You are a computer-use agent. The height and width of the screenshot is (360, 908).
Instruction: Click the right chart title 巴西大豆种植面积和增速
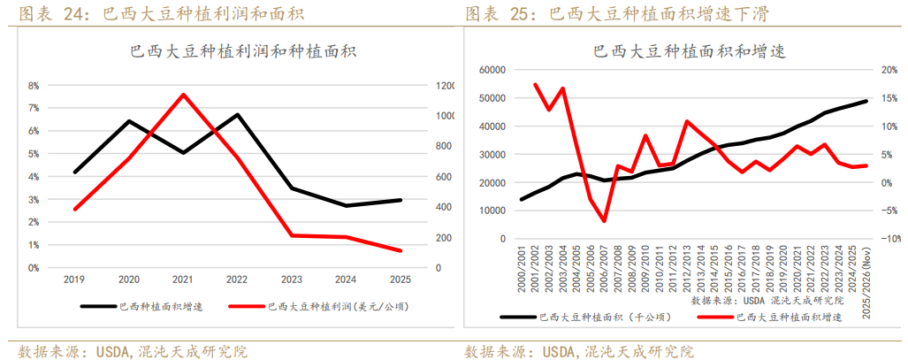(x=681, y=50)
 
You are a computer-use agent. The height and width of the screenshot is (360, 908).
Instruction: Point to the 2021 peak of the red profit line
(x=183, y=95)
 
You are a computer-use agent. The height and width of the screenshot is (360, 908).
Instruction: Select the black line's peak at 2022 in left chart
(x=237, y=115)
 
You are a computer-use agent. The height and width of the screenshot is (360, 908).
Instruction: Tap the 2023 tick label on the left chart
(x=292, y=280)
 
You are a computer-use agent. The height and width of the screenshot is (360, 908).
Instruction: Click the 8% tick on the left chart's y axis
(x=34, y=86)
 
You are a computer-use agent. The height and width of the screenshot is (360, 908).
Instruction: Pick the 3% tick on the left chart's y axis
(x=34, y=199)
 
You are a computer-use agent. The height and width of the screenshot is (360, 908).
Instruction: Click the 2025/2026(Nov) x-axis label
(x=866, y=284)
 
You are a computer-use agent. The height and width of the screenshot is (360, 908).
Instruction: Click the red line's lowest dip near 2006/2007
(x=605, y=220)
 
